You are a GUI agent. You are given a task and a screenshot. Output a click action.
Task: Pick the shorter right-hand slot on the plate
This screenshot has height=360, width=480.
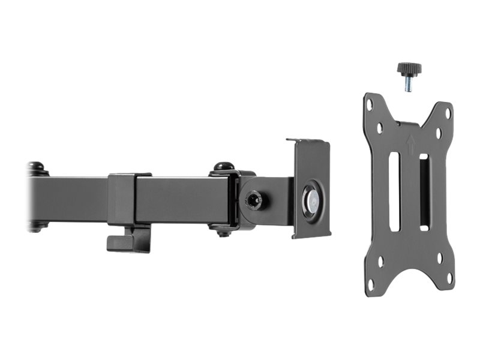coord(424,192)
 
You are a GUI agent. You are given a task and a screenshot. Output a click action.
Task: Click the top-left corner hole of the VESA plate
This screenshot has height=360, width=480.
coord(370,104)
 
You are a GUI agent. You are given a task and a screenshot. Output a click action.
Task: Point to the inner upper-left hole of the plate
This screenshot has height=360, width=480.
coord(380,128)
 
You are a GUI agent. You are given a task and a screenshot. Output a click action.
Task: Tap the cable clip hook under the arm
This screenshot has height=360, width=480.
coord(127,240)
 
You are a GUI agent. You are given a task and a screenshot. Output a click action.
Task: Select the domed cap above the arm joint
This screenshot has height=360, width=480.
coord(224,166)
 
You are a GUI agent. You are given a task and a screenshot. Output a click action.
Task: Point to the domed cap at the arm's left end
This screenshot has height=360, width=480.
coord(37,166)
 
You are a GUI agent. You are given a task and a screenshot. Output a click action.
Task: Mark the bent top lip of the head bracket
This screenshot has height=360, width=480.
coord(308,142)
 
